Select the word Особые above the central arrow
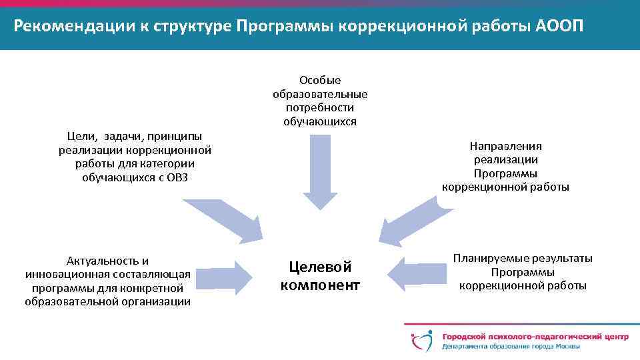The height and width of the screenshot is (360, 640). pos(320,81)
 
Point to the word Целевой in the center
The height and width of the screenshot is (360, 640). pos(320,267)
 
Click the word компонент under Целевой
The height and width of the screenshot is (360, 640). pos(320,285)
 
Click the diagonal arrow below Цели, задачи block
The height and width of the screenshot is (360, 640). pos(226,221)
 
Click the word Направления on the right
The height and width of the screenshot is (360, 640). pos(506,146)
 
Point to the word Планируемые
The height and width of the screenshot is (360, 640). pos(489,259)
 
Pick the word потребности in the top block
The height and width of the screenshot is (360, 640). pos(320,107)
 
